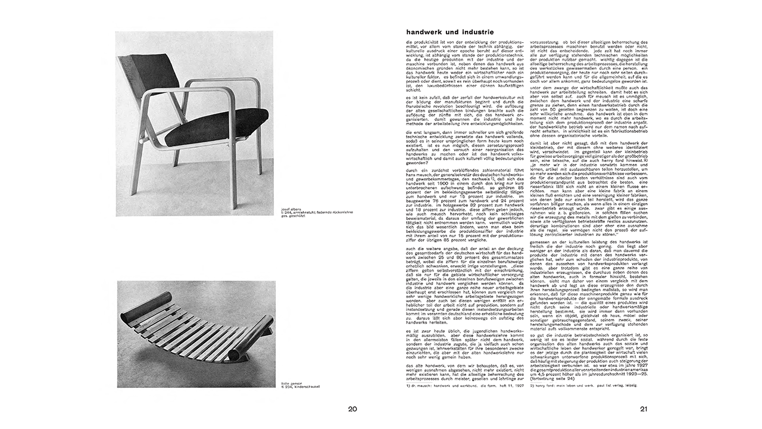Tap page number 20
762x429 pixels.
tap(352, 409)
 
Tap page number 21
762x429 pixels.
tap(644, 409)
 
